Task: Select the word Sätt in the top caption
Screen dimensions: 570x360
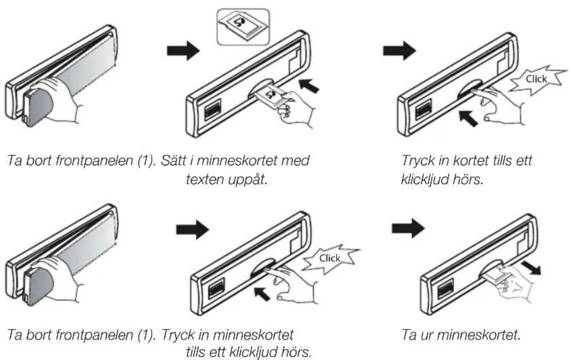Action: (x=174, y=160)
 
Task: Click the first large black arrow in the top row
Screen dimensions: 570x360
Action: (x=183, y=51)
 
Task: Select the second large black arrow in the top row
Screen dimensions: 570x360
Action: (x=399, y=50)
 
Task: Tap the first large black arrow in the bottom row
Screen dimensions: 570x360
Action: (x=192, y=230)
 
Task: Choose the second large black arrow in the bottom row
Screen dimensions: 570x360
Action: (x=408, y=228)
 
